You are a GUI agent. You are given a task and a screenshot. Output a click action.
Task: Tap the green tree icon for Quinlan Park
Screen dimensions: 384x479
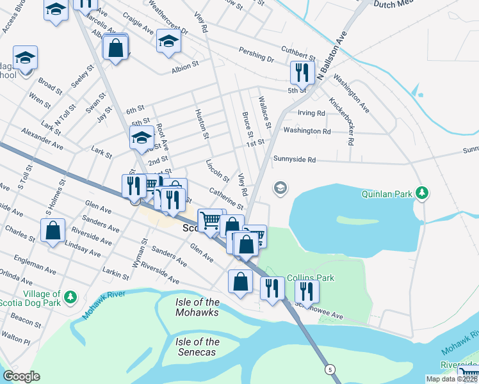click(x=421, y=192)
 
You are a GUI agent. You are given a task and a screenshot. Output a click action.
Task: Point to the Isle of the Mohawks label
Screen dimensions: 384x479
click(x=197, y=307)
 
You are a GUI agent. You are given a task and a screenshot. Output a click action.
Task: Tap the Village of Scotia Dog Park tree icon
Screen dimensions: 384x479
click(x=71, y=298)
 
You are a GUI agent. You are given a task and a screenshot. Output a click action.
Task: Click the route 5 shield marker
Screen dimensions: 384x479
click(x=330, y=370)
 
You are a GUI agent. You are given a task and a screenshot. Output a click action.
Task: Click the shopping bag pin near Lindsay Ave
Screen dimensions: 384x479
click(x=53, y=230)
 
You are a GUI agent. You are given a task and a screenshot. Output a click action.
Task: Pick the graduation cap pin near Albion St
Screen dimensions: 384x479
click(x=168, y=42)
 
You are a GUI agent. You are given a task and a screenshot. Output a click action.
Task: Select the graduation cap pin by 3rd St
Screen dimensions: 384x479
click(x=142, y=136)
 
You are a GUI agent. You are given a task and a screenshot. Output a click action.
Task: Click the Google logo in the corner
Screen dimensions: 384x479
click(x=21, y=376)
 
